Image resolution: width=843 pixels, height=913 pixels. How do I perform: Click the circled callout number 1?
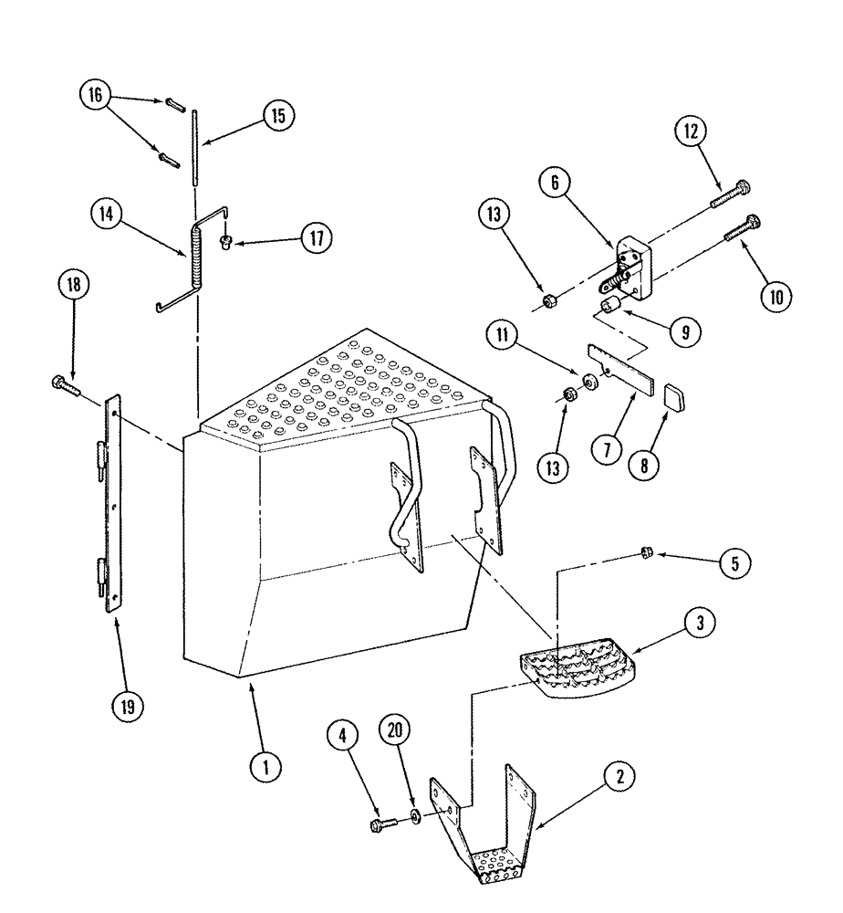(265, 768)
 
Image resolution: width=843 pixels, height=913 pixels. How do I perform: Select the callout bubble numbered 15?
(277, 115)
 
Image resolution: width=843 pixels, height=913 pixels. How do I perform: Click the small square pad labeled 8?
(672, 398)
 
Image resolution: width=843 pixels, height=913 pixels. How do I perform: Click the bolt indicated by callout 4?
(381, 824)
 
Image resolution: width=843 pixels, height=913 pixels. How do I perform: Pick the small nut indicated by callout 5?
(645, 551)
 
